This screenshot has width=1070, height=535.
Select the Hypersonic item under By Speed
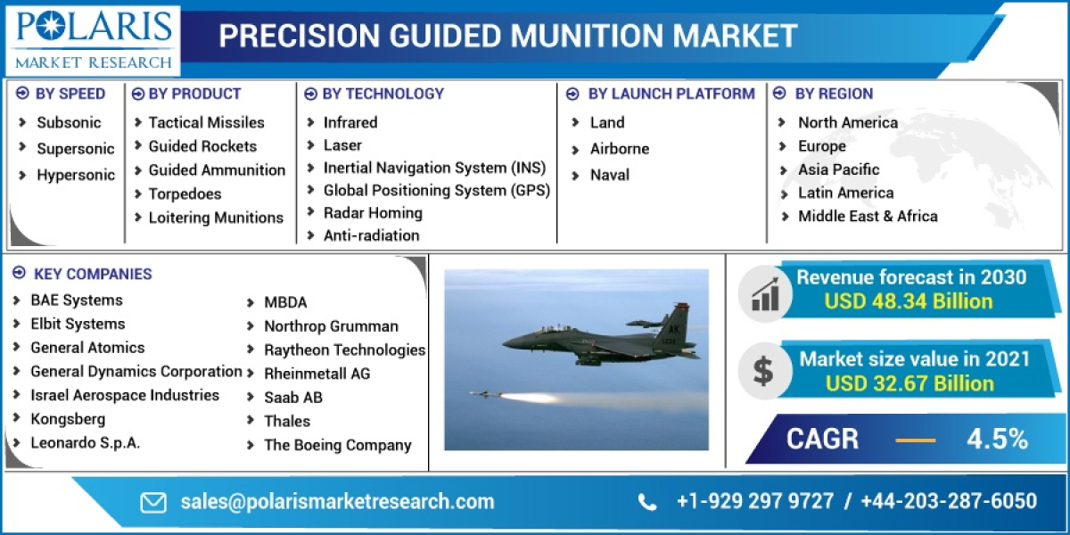tap(75, 175)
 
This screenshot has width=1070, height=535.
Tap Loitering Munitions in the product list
tap(215, 218)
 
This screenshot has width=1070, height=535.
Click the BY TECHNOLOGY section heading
tap(383, 94)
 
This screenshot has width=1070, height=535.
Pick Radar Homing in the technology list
tap(373, 213)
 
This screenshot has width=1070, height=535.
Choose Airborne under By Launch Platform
tap(619, 149)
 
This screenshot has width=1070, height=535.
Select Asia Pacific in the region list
tap(838, 169)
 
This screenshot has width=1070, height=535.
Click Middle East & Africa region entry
tap(867, 216)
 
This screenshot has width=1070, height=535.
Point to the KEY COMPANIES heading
tap(93, 274)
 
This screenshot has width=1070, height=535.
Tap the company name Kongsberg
tap(68, 419)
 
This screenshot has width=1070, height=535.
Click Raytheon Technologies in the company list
tap(344, 350)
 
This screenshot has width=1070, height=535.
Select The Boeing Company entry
tap(337, 445)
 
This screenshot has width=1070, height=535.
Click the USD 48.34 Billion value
tap(908, 301)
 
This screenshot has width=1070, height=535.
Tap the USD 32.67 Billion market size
tap(909, 383)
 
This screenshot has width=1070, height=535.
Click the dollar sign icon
tap(763, 370)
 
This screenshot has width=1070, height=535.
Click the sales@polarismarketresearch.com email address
tap(337, 501)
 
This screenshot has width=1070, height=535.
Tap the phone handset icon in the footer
tap(647, 502)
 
